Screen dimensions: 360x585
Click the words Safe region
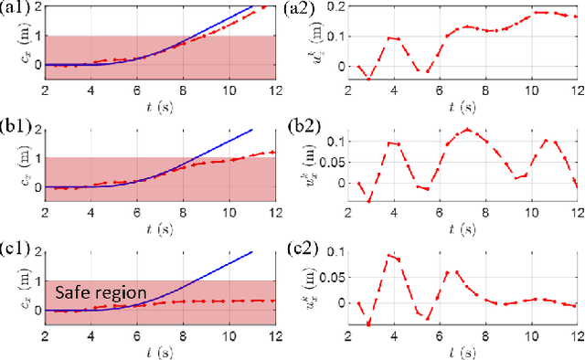[x=101, y=293]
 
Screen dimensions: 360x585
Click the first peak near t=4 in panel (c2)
[x=388, y=256]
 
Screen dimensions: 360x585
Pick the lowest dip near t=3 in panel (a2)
[x=369, y=79]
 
